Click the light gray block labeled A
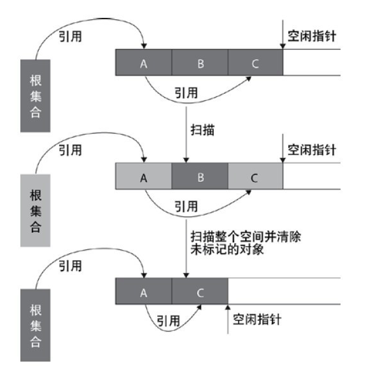[144, 177]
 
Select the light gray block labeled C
[255, 177]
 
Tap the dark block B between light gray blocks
[200, 177]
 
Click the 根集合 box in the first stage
[36, 96]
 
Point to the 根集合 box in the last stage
[36, 325]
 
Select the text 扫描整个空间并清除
[245, 237]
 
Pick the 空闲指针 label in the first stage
[312, 36]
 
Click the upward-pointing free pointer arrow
[227, 319]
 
